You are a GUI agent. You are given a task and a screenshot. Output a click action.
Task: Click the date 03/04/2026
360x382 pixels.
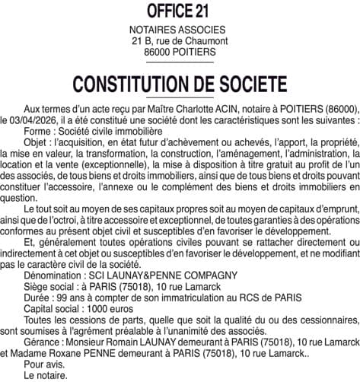click(33, 120)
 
